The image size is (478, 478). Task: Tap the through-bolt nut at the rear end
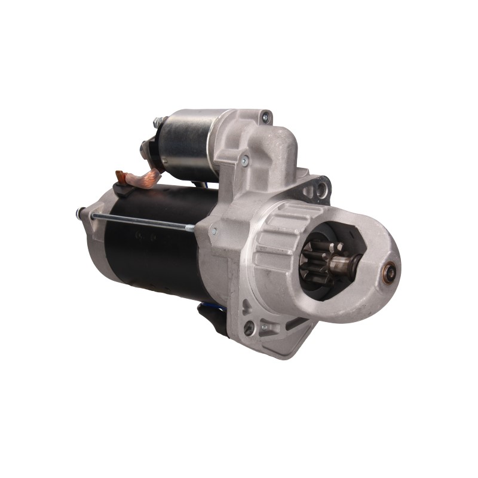click(x=80, y=212)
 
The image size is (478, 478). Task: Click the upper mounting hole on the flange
click(x=321, y=189)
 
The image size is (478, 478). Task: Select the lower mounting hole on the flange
click(x=249, y=327)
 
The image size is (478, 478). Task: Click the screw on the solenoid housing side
click(x=244, y=160)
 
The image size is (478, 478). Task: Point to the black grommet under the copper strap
click(x=122, y=190)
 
